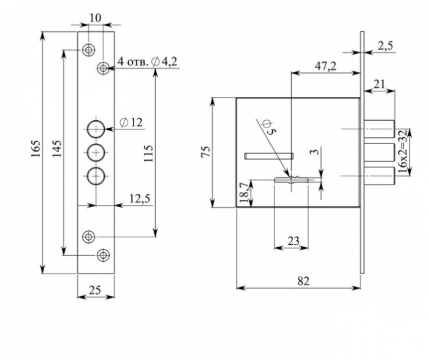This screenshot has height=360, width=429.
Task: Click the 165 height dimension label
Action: coord(36,148)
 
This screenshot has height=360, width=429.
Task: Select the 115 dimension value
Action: coord(148,153)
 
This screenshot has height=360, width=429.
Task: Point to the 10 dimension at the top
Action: coord(96,18)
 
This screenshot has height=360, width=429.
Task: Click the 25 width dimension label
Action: coord(95,290)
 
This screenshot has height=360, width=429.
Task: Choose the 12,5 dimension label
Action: coord(140,199)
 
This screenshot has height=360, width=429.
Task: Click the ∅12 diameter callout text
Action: coord(131,123)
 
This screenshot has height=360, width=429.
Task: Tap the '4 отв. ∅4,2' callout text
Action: coord(147,61)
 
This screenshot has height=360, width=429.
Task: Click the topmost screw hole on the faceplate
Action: coord(89,50)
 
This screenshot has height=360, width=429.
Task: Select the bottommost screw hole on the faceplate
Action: coord(103,255)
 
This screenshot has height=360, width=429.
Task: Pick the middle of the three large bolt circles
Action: coord(96,153)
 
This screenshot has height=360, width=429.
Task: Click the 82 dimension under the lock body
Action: coord(303,281)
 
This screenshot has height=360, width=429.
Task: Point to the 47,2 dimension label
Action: coord(325,66)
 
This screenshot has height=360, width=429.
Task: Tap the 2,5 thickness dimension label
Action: coord(385,46)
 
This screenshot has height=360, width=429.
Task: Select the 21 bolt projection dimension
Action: coord(379,84)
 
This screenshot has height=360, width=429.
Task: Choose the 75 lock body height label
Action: coord(207,151)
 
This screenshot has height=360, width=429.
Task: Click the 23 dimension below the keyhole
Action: coord(294,241)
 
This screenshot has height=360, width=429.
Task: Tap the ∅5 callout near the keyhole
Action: coord(268,128)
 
